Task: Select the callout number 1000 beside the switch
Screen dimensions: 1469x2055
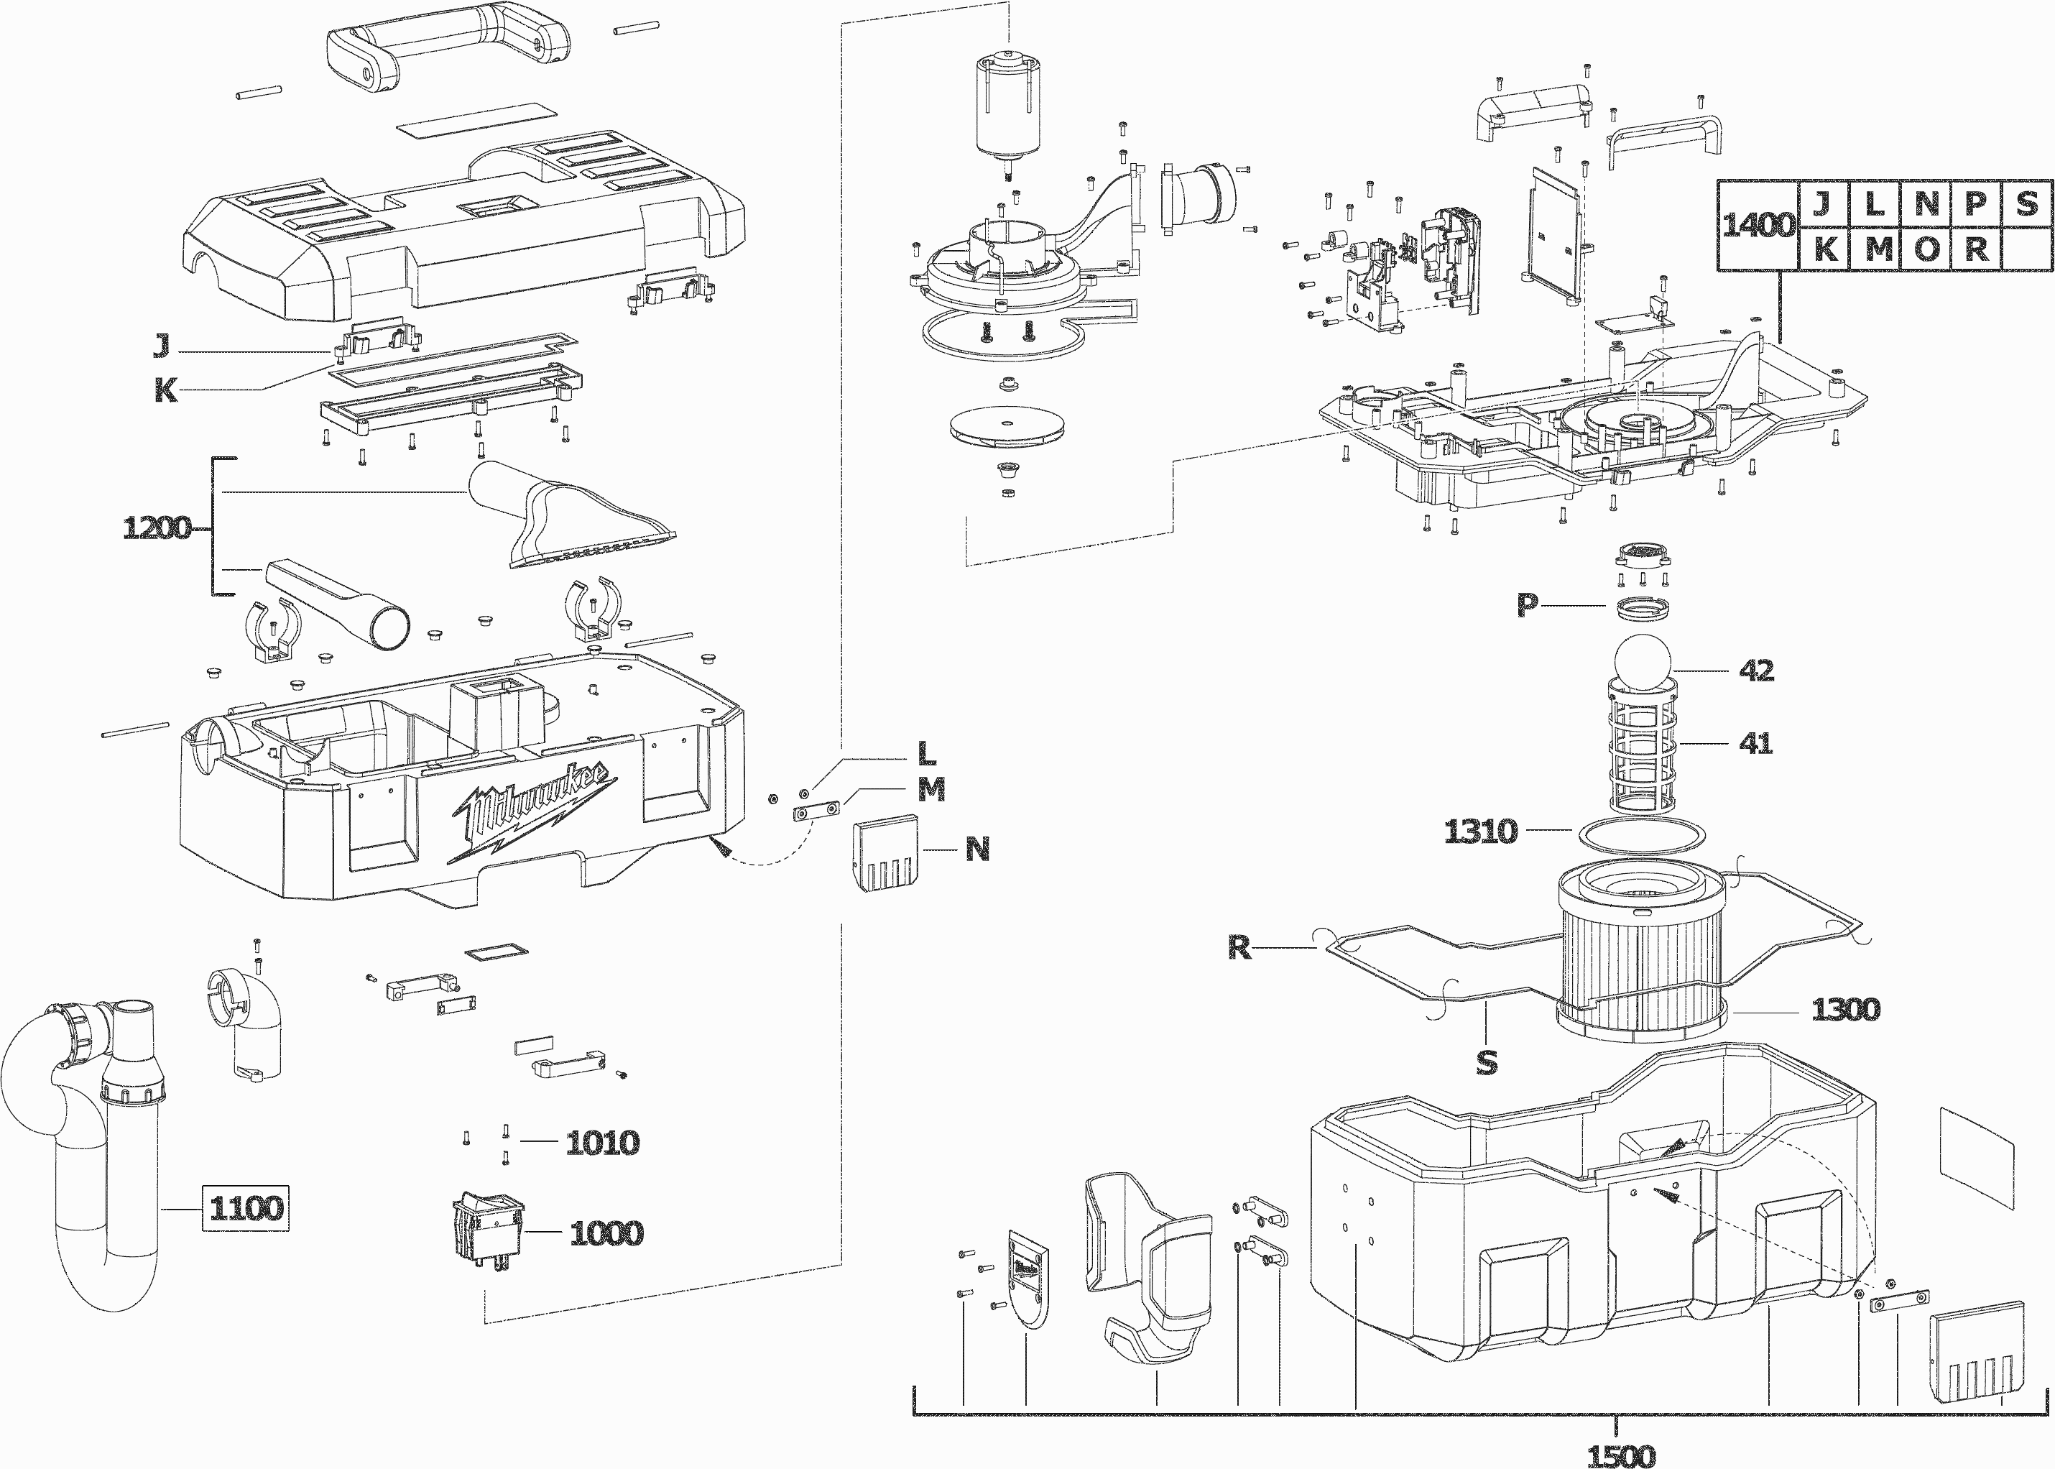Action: coord(606,1233)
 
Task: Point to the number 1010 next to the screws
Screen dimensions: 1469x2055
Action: coord(602,1143)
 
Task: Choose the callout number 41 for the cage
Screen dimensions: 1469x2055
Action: coord(1755,744)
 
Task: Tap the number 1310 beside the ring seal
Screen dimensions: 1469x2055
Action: coord(1480,830)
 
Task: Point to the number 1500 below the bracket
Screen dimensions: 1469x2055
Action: coord(1622,1455)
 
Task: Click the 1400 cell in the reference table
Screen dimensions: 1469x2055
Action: coord(1758,225)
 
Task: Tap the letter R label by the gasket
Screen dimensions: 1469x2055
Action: coord(1239,947)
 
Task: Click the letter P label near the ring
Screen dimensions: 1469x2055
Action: coord(1527,605)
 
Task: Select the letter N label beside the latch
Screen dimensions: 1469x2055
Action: coord(977,849)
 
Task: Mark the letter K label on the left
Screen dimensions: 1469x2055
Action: coord(165,391)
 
